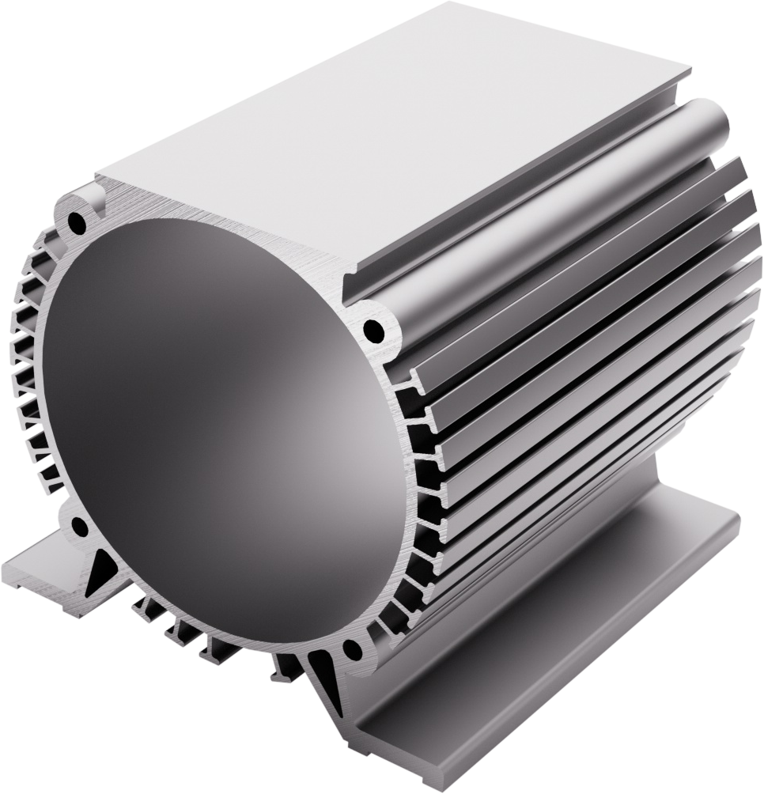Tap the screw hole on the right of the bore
click(x=373, y=330)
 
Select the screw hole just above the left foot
click(x=79, y=527)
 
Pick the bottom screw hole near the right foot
click(x=352, y=650)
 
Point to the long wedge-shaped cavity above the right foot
click(x=323, y=672)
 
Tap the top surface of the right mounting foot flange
click(x=554, y=633)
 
